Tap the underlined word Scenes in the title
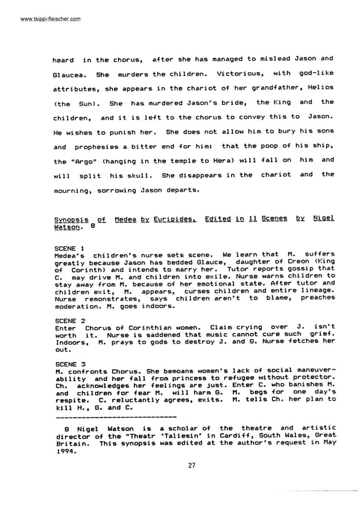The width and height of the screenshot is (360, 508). (x=274, y=219)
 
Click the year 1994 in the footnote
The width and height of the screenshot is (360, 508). (x=64, y=451)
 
